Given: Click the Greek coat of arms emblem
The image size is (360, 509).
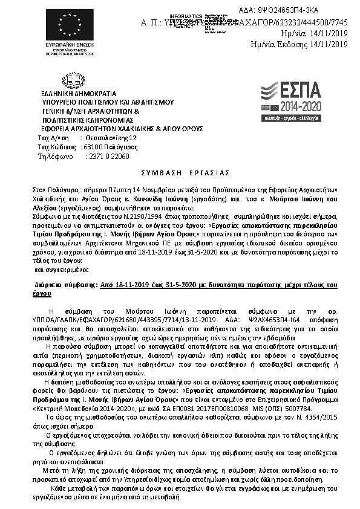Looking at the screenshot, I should (x=68, y=80).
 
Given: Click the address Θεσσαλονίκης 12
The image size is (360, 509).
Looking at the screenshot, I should (x=108, y=138).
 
